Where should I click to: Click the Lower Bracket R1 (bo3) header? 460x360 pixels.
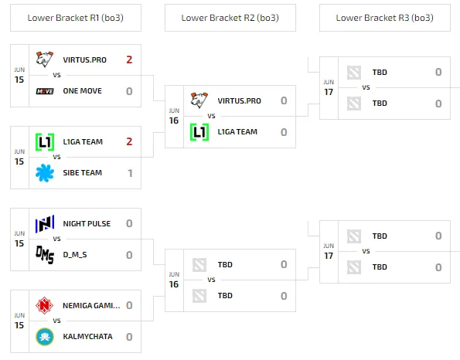[x=76, y=18]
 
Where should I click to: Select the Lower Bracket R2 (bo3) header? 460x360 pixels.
[x=230, y=18]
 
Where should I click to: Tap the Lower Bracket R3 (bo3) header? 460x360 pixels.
[x=384, y=18]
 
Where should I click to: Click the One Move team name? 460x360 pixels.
[x=83, y=91]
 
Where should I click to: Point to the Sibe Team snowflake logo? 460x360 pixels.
[x=45, y=173]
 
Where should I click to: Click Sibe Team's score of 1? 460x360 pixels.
[x=130, y=173]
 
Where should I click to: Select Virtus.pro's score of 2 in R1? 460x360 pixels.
[x=129, y=59]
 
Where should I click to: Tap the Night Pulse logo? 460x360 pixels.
[x=45, y=224]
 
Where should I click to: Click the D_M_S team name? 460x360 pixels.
[x=75, y=254]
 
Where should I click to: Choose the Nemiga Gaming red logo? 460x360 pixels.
[x=44, y=305]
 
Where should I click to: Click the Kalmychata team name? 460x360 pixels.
[x=87, y=336]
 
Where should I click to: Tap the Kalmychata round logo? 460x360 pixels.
[x=45, y=337]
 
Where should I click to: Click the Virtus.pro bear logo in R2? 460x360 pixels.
[x=199, y=100]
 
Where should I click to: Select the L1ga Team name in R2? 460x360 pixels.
[x=237, y=132]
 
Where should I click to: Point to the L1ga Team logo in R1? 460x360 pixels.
[x=45, y=142]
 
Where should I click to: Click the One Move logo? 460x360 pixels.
[x=45, y=91]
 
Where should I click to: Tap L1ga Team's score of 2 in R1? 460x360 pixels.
[x=129, y=141]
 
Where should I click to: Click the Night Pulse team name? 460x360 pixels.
[x=87, y=224]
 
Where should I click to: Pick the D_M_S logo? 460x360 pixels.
[x=45, y=255]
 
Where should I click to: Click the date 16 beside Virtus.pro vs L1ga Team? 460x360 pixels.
[x=174, y=121]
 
